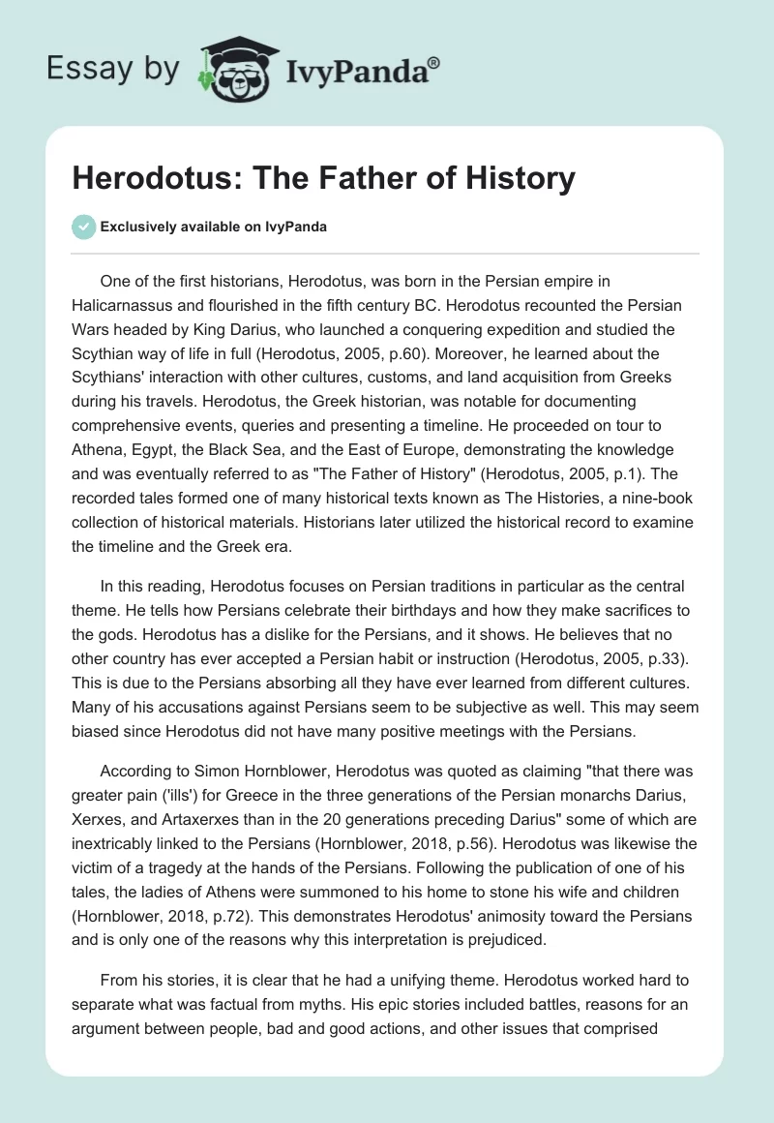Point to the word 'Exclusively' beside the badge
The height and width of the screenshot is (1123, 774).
pos(135,228)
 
